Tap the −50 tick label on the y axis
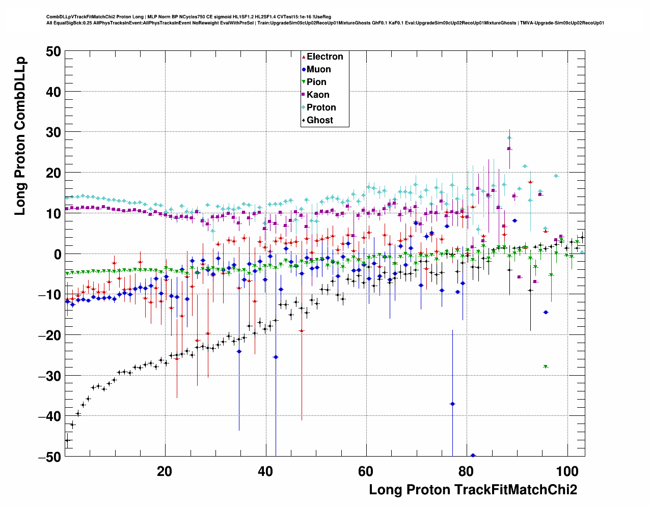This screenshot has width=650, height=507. tap(49, 457)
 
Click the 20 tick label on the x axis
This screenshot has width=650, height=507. tap(165, 471)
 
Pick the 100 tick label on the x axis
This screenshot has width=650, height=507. tap(567, 471)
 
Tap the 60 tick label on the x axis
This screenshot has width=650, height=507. tap(366, 471)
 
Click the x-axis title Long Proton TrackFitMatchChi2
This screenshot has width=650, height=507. tap(473, 490)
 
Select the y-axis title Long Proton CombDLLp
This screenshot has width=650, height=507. tap(20, 137)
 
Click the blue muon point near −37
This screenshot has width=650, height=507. tap(452, 404)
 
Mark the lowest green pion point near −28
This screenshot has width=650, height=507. tap(546, 367)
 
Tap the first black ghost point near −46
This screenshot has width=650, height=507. tap(67, 440)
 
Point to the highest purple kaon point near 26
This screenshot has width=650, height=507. tap(509, 149)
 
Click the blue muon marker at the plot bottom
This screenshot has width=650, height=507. tap(473, 455)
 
